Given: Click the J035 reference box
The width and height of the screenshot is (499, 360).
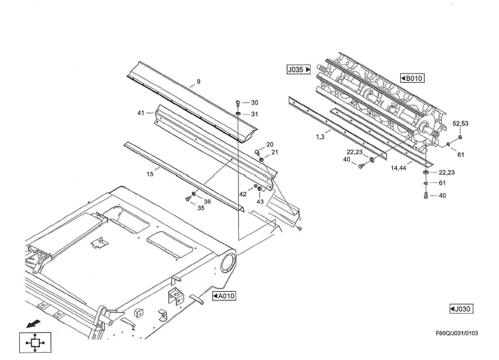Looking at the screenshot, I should (299, 68).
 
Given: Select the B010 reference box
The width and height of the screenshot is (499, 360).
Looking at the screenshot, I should (412, 78).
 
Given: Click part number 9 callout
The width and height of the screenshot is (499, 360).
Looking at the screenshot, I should (198, 83).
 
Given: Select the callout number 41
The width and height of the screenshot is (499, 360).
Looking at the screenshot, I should (141, 113).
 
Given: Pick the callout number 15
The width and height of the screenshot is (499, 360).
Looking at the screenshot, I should (151, 173).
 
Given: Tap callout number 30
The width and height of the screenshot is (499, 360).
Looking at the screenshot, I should (254, 103).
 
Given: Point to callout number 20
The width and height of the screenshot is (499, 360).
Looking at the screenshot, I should (270, 145).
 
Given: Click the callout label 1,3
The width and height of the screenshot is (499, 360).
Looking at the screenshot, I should (321, 137).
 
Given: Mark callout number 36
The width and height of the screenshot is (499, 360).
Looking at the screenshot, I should (208, 202).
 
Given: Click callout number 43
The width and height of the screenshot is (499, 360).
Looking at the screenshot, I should (260, 201).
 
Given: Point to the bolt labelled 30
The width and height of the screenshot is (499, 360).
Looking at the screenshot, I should (238, 103).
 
